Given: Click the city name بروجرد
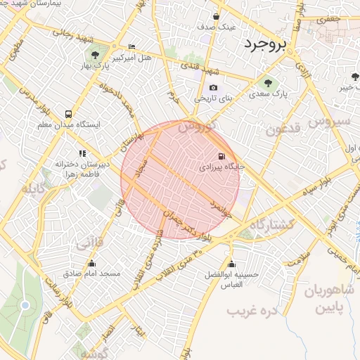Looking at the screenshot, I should [266, 45].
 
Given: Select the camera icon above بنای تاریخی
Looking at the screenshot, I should [213, 88].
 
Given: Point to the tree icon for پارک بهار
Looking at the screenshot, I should [94, 54].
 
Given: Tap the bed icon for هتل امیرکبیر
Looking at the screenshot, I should [131, 46].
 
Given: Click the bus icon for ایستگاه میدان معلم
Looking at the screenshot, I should [68, 114].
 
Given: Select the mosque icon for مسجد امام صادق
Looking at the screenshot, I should [91, 264].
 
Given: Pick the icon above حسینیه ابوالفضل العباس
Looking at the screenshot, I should [232, 264].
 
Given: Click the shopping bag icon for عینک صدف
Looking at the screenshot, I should [216, 15].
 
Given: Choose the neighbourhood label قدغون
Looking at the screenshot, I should [284, 129].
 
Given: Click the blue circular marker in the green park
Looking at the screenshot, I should [25, 305].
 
